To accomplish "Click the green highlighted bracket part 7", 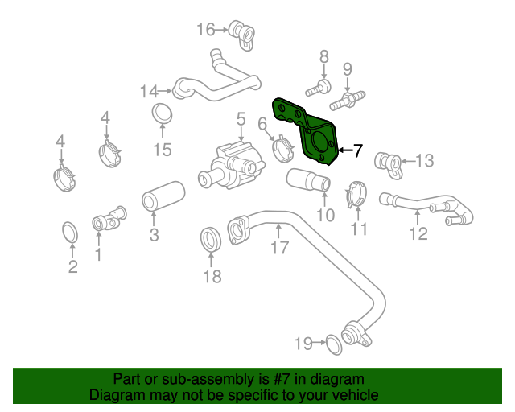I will click(310, 129).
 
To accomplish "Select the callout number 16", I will click(206, 30).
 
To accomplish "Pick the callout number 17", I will click(278, 247).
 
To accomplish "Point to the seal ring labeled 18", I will click(211, 239).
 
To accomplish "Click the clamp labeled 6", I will click(283, 149).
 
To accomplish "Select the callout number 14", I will click(149, 92).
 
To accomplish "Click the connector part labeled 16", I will click(240, 31).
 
